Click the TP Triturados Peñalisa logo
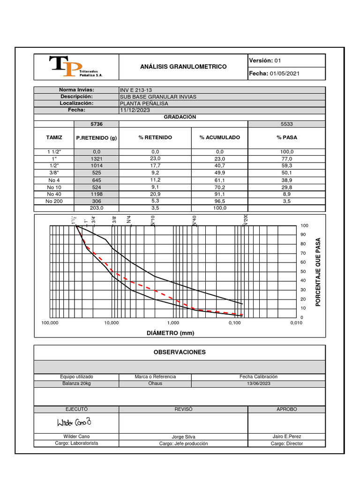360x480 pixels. pyautogui.click(x=75, y=67)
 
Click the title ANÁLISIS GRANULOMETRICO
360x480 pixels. pyautogui.click(x=183, y=67)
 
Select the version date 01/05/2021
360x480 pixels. pyautogui.click(x=285, y=74)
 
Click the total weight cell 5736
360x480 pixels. pyautogui.click(x=97, y=124)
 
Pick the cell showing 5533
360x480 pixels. pyautogui.click(x=286, y=124)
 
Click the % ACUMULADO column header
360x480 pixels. pyautogui.click(x=219, y=137)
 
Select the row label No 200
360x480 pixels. pyautogui.click(x=54, y=201)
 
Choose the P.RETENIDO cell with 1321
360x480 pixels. pyautogui.click(x=97, y=159)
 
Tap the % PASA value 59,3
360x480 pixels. pyautogui.click(x=287, y=166)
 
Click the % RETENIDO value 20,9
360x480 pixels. pyautogui.click(x=155, y=194)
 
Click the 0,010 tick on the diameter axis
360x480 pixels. pyautogui.click(x=296, y=323)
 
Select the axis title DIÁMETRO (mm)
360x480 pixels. pyautogui.click(x=171, y=333)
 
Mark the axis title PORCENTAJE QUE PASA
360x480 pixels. pyautogui.click(x=318, y=272)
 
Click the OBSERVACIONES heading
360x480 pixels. pyautogui.click(x=180, y=352)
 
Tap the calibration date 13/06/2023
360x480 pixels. pyautogui.click(x=258, y=383)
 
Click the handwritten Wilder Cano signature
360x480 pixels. pyautogui.click(x=74, y=423)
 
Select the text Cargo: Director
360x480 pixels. pyautogui.click(x=286, y=443)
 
